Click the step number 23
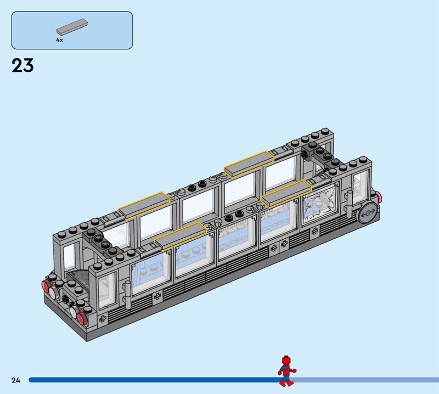pyautogui.click(x=22, y=65)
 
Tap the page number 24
pyautogui.click(x=16, y=380)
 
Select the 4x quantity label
pyautogui.click(x=59, y=40)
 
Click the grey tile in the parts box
pyautogui.click(x=72, y=26)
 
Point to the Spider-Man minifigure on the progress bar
pyautogui.click(x=286, y=371)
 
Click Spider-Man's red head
pyautogui.click(x=286, y=360)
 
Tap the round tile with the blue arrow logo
pyautogui.click(x=368, y=213)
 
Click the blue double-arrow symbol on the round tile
pyautogui.click(x=368, y=213)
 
